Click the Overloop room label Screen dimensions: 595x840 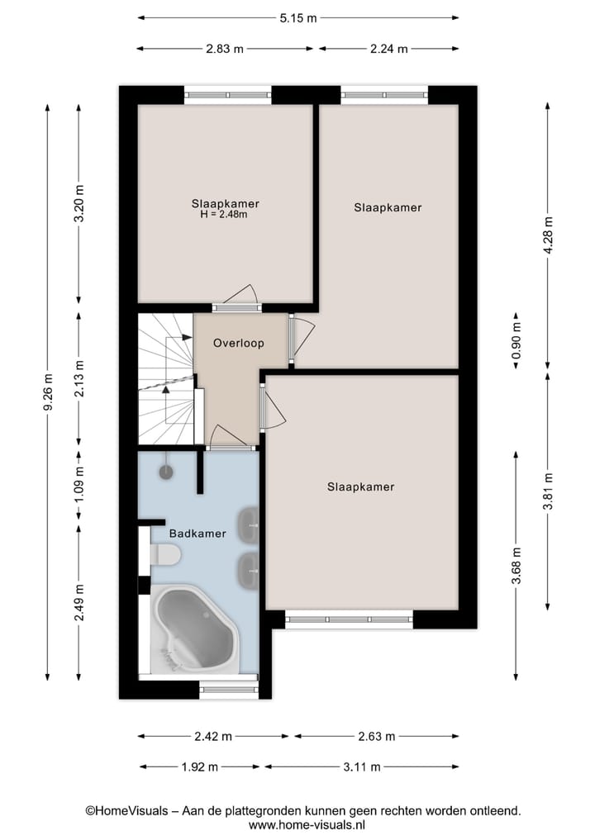[x=239, y=343]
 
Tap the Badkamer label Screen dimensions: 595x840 [x=198, y=533]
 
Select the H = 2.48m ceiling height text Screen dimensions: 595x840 [x=224, y=214]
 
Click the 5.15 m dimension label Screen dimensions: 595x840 [x=298, y=18]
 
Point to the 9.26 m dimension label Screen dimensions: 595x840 [x=48, y=392]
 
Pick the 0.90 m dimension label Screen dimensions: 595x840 [x=516, y=341]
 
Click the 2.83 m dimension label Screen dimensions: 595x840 [x=225, y=49]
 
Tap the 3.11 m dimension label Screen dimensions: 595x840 [x=362, y=767]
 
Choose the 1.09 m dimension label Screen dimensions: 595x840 [x=79, y=485]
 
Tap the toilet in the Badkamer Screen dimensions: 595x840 [x=164, y=555]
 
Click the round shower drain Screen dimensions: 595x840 [x=166, y=472]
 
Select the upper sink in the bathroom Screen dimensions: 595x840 [x=248, y=523]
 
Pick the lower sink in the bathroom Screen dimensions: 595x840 [x=248, y=570]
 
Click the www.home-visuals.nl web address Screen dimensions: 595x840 [x=307, y=825]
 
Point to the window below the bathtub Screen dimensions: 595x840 [x=229, y=690]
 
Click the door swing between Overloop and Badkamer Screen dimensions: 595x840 [x=231, y=435]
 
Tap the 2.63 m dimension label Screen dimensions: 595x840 [x=376, y=737]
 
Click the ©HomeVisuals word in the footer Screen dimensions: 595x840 [x=127, y=811]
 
